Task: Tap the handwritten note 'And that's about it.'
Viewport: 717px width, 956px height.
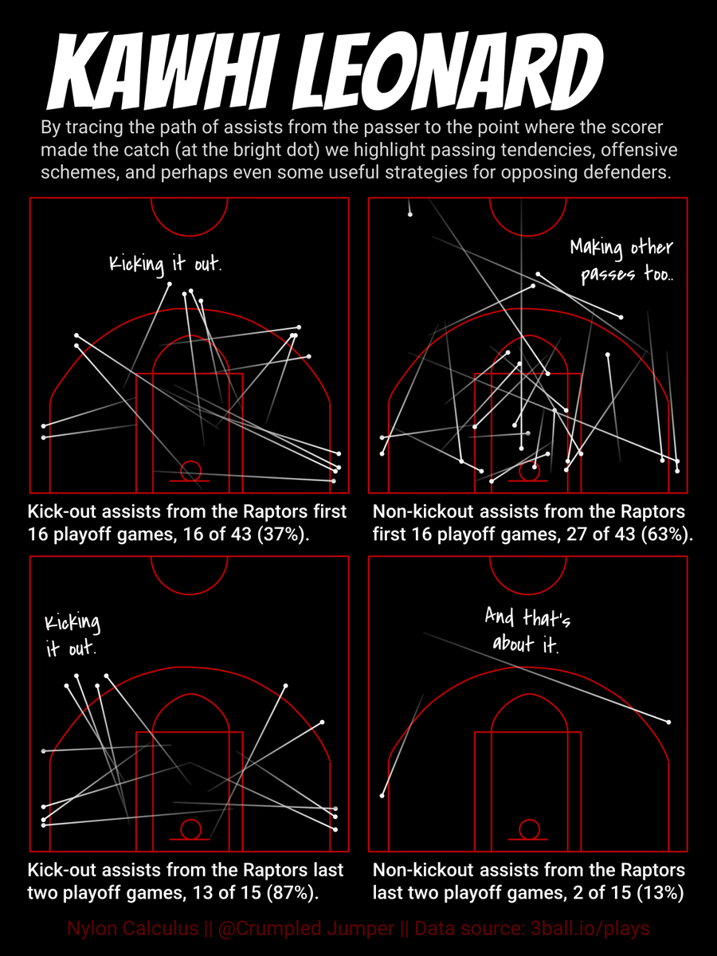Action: point(527,630)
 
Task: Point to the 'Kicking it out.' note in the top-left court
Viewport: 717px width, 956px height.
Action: point(165,263)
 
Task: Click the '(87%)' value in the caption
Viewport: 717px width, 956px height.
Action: point(290,892)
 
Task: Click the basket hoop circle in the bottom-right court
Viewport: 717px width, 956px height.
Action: point(528,829)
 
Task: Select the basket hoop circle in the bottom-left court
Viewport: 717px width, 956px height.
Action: point(190,829)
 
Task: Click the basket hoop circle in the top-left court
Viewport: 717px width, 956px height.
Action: point(190,470)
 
